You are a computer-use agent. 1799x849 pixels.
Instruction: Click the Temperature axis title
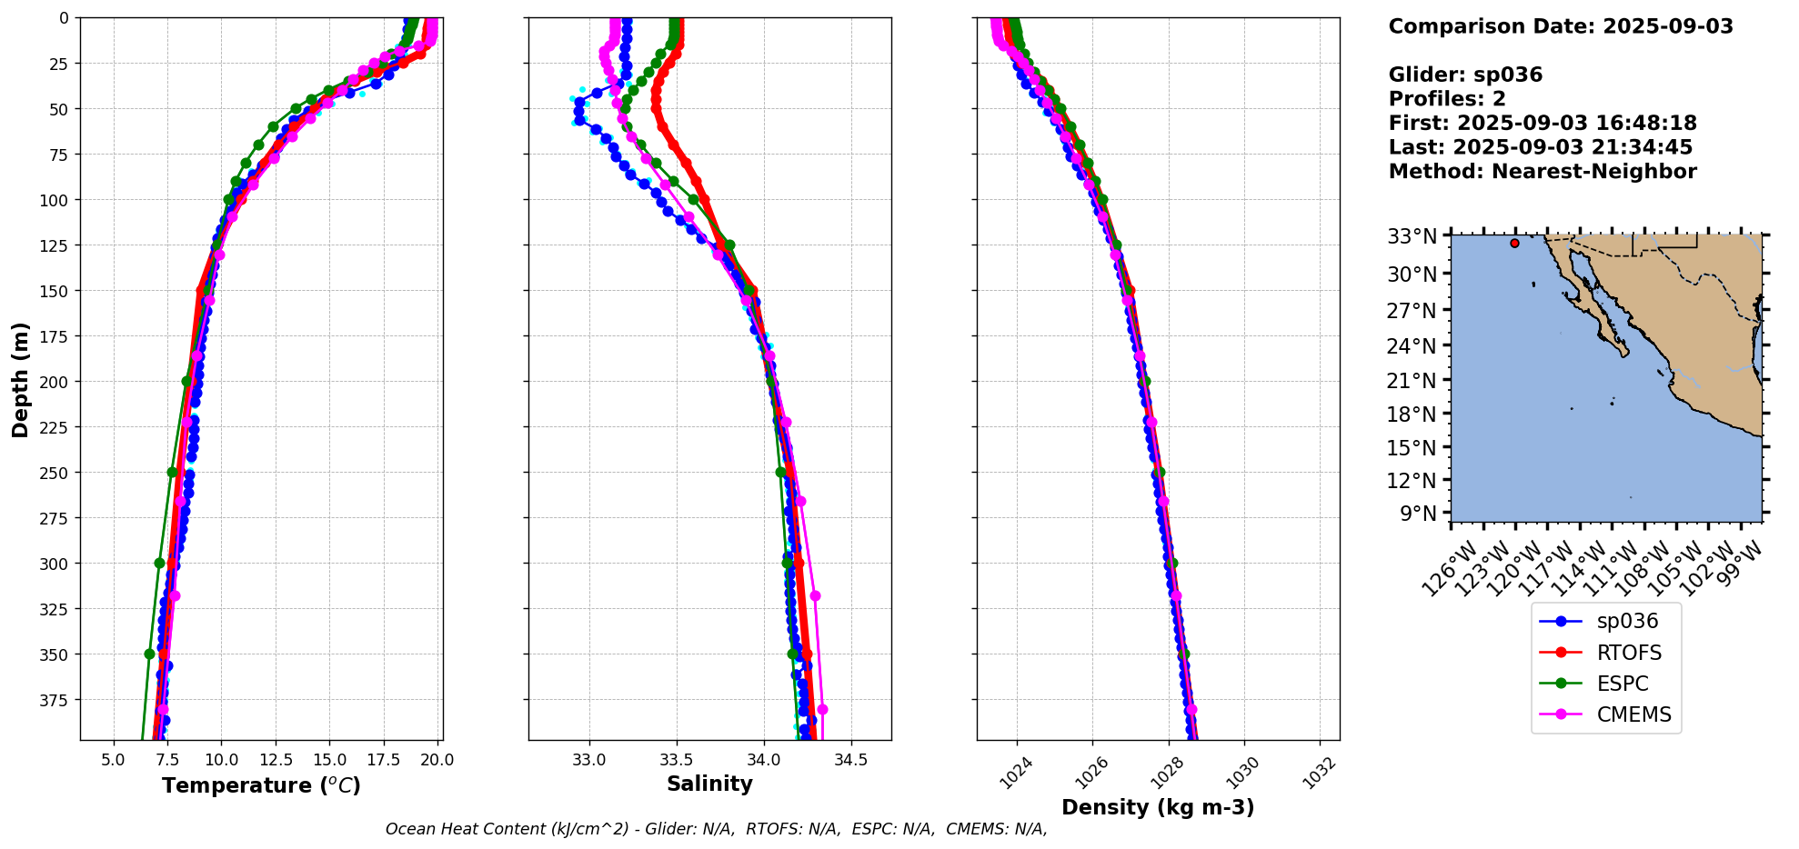click(x=261, y=785)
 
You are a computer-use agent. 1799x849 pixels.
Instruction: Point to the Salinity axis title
click(x=709, y=784)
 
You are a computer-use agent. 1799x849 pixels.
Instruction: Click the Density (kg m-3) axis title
click(x=1158, y=807)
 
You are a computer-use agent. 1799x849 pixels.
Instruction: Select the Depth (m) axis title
click(x=20, y=379)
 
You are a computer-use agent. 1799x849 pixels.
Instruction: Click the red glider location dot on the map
click(x=1514, y=243)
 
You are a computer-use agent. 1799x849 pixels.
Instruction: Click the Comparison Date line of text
click(x=1560, y=26)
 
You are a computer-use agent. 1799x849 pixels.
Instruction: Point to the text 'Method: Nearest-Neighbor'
click(x=1542, y=172)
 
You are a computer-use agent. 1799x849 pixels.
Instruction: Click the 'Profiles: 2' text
click(x=1446, y=99)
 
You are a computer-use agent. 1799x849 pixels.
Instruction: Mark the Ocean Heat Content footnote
click(x=716, y=829)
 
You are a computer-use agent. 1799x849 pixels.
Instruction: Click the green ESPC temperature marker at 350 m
click(x=150, y=654)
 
